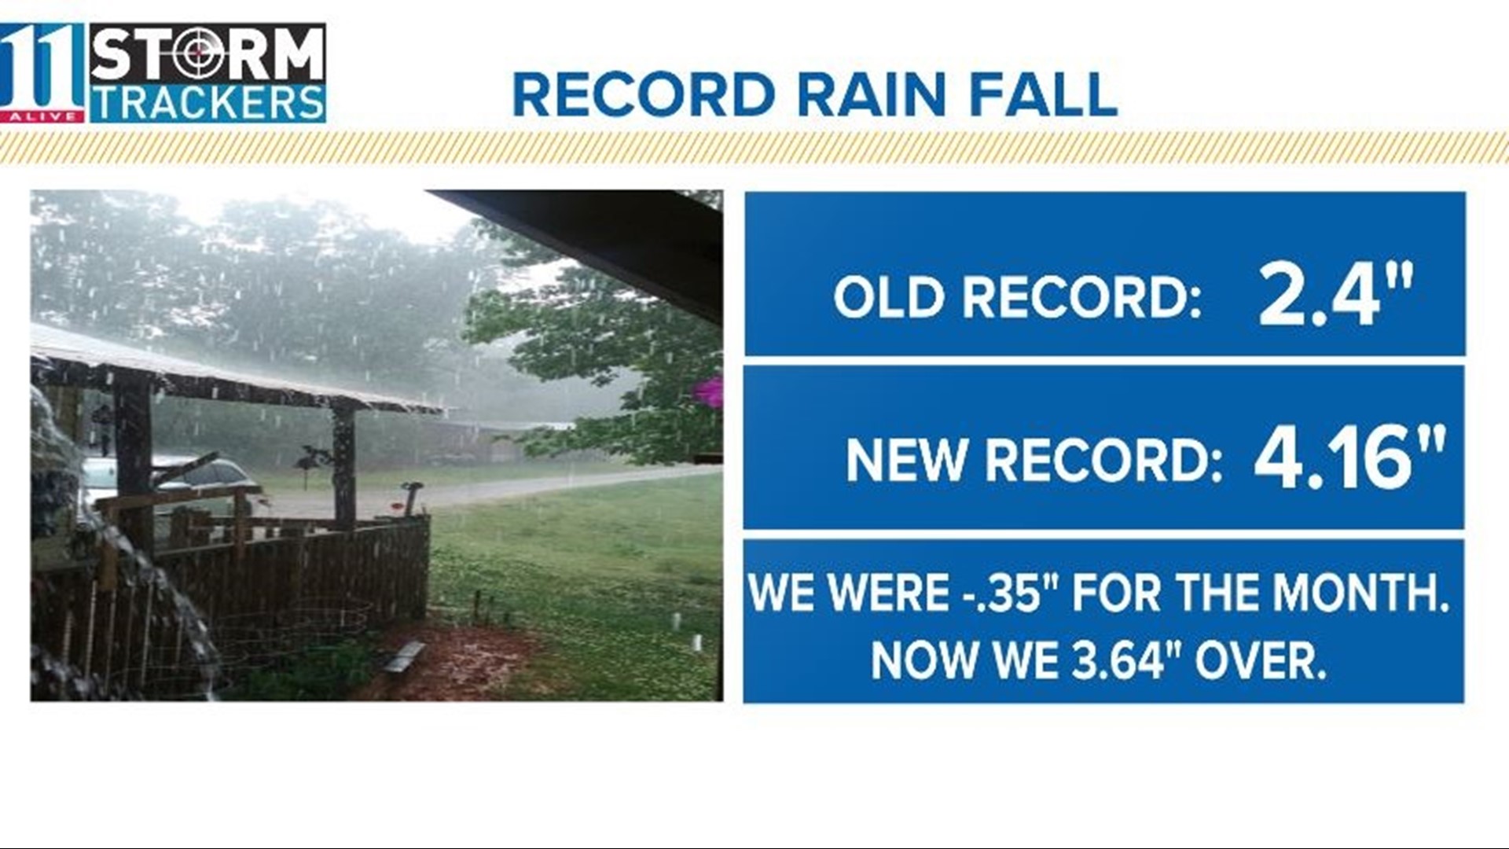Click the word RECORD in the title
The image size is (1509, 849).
(x=644, y=95)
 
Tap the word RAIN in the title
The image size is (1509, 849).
(x=872, y=95)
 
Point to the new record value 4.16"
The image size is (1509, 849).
(x=1349, y=457)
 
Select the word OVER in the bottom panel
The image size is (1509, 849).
(x=1261, y=660)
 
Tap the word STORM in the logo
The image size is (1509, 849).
(x=207, y=53)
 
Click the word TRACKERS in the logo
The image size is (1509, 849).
(x=207, y=103)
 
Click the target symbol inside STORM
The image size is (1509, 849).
(x=200, y=53)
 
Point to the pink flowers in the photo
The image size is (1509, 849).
(x=710, y=391)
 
